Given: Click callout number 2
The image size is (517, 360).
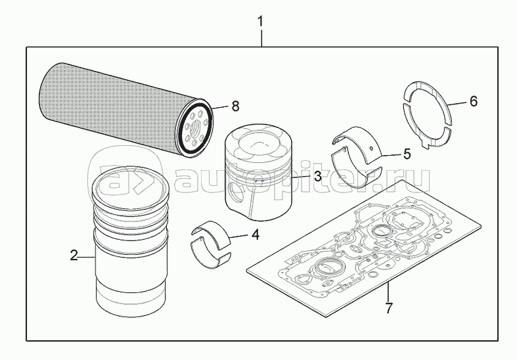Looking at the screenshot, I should pos(74,254).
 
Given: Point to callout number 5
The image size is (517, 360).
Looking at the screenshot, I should pos(407,154).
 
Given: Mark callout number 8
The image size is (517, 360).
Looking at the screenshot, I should pos(235,106).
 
